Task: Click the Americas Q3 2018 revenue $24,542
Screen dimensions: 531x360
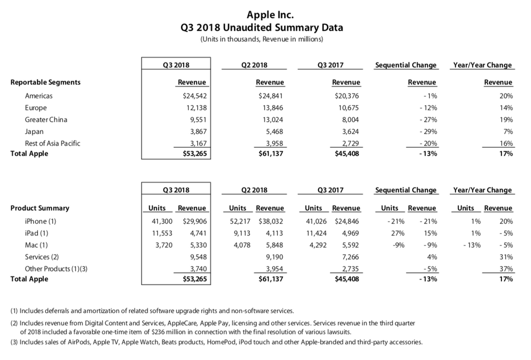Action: (195, 96)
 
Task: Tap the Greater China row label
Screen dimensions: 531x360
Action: (46, 120)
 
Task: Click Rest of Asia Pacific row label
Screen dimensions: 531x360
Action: (53, 143)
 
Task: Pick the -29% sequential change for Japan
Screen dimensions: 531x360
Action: (428, 131)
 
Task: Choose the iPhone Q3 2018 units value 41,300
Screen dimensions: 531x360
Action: (162, 221)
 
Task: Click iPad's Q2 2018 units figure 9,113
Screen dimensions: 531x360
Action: (242, 233)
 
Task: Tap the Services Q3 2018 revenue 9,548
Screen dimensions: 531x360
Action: (198, 257)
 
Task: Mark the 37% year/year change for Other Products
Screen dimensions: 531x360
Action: (507, 268)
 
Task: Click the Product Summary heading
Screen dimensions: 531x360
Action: (40, 208)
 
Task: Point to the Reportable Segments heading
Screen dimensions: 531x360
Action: (45, 82)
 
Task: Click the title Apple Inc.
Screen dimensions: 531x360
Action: (270, 15)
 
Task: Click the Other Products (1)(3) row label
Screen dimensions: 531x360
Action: (56, 268)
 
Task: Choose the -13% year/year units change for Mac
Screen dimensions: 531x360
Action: (472, 245)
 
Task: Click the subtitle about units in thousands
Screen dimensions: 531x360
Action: (262, 39)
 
